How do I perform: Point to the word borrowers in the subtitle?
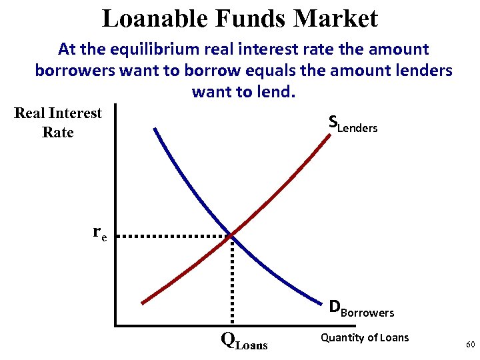point(74,70)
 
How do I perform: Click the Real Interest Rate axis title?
point(58,123)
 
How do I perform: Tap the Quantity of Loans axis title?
point(365,337)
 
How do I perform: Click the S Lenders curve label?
point(353,123)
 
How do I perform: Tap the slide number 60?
point(470,345)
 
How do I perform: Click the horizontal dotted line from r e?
point(177,236)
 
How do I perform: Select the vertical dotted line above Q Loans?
point(232,280)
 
